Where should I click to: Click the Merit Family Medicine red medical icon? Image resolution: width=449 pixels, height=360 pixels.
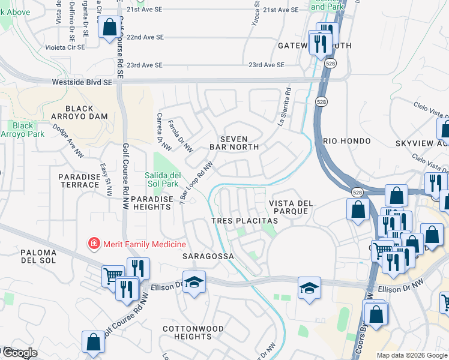(x=94, y=244)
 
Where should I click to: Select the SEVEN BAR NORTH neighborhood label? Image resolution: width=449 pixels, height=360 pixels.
(x=234, y=143)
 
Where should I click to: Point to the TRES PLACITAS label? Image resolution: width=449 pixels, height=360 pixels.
(x=245, y=221)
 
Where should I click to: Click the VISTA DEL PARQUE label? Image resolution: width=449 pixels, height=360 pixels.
(x=291, y=207)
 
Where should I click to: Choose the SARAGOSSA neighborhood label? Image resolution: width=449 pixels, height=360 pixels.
(x=207, y=256)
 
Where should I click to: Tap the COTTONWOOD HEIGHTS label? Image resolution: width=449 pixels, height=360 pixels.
(x=193, y=332)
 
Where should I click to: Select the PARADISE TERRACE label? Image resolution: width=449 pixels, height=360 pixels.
(x=79, y=181)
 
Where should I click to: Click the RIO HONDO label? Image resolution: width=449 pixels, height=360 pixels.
(x=343, y=140)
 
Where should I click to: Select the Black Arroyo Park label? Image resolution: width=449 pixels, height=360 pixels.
(x=23, y=130)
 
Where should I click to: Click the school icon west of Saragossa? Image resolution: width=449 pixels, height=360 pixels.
(x=194, y=281)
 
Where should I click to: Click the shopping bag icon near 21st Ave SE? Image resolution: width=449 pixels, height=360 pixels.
(x=110, y=27)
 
